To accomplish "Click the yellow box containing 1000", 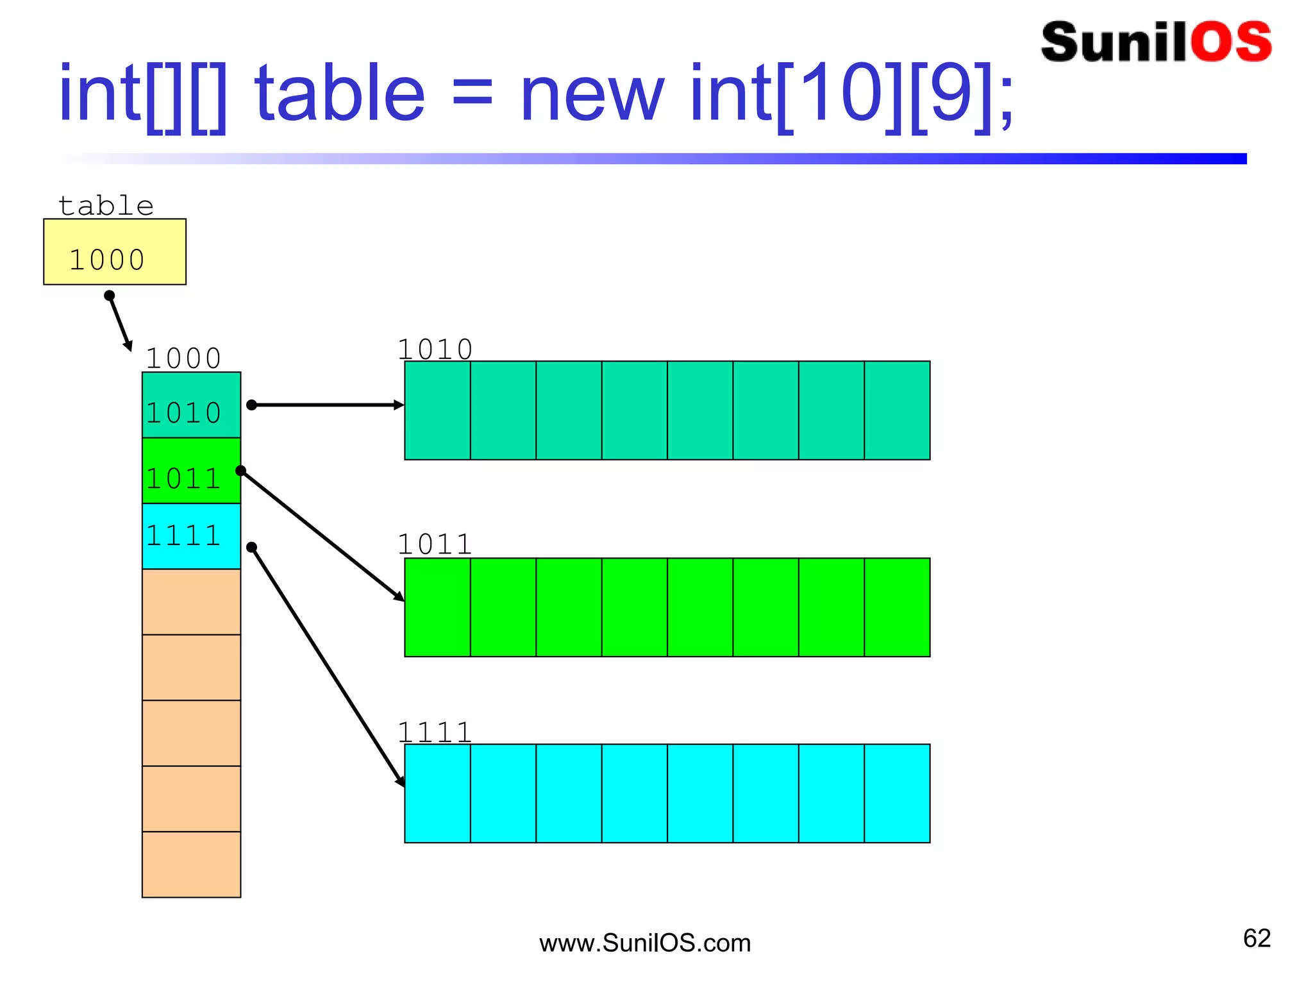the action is point(114,251).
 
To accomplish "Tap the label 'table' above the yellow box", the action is point(106,206).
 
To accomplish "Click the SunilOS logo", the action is point(1156,42).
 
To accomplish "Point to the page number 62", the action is point(1257,938).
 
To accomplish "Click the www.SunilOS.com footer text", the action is point(644,943).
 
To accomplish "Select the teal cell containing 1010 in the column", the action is point(191,405).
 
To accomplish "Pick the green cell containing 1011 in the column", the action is point(191,471).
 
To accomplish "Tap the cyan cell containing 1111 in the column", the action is point(191,536).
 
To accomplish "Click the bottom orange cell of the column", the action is point(191,864).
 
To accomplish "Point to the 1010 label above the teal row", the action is point(435,349).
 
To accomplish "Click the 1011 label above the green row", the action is point(435,544).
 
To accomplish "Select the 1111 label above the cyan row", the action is point(435,732).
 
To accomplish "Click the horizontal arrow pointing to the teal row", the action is point(327,405).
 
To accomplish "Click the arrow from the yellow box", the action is point(120,323).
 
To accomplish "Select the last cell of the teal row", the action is point(897,410).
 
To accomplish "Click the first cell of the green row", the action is point(437,607).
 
